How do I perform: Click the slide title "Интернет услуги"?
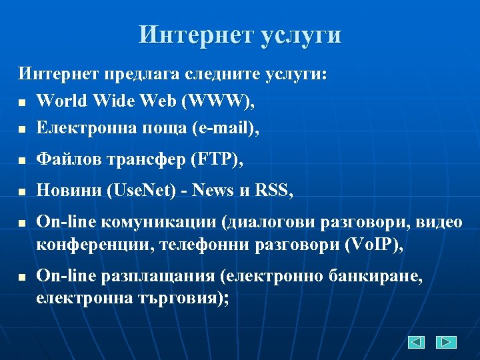(240, 35)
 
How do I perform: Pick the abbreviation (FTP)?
(217, 159)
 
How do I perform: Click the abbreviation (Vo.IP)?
(373, 244)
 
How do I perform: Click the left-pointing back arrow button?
(417, 342)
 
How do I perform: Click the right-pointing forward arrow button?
(446, 342)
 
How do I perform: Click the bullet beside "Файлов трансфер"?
(22, 161)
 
